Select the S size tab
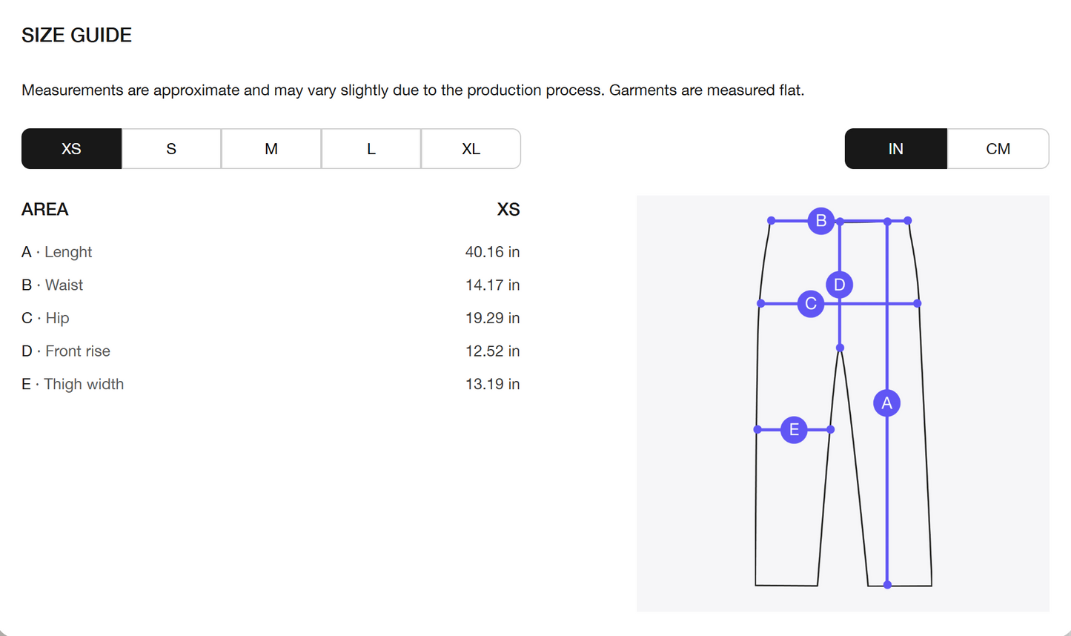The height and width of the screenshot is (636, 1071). [x=171, y=149]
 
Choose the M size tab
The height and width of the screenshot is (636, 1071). [x=271, y=149]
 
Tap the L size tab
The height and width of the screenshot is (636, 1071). [x=371, y=149]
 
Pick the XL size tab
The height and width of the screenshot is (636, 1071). [x=471, y=149]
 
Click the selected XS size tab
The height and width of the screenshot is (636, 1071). [x=71, y=149]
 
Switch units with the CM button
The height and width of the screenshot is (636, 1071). [x=998, y=149]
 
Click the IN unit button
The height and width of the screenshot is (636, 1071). [x=895, y=149]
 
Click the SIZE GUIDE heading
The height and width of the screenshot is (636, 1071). [x=76, y=36]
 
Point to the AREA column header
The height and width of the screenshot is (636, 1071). [x=45, y=210]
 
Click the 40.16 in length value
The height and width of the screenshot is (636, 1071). [x=492, y=252]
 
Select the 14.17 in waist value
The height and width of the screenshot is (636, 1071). [x=492, y=285]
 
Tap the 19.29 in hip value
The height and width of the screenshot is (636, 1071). [x=492, y=318]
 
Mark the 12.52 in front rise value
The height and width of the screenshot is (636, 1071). [x=492, y=351]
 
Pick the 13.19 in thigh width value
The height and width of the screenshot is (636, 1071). [x=492, y=384]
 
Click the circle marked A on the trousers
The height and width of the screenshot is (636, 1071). [x=887, y=403]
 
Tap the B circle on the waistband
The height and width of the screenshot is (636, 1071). [x=821, y=221]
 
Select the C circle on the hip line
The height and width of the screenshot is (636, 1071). [x=810, y=304]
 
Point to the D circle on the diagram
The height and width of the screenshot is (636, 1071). [x=839, y=285]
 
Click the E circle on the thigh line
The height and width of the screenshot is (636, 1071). [x=794, y=430]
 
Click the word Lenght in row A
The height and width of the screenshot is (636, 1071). [x=68, y=252]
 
